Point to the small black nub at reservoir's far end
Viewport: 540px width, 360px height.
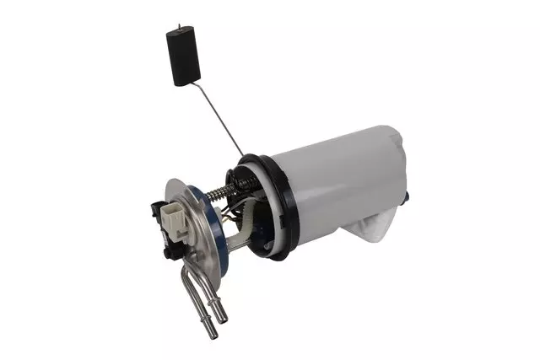(x=409, y=196)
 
